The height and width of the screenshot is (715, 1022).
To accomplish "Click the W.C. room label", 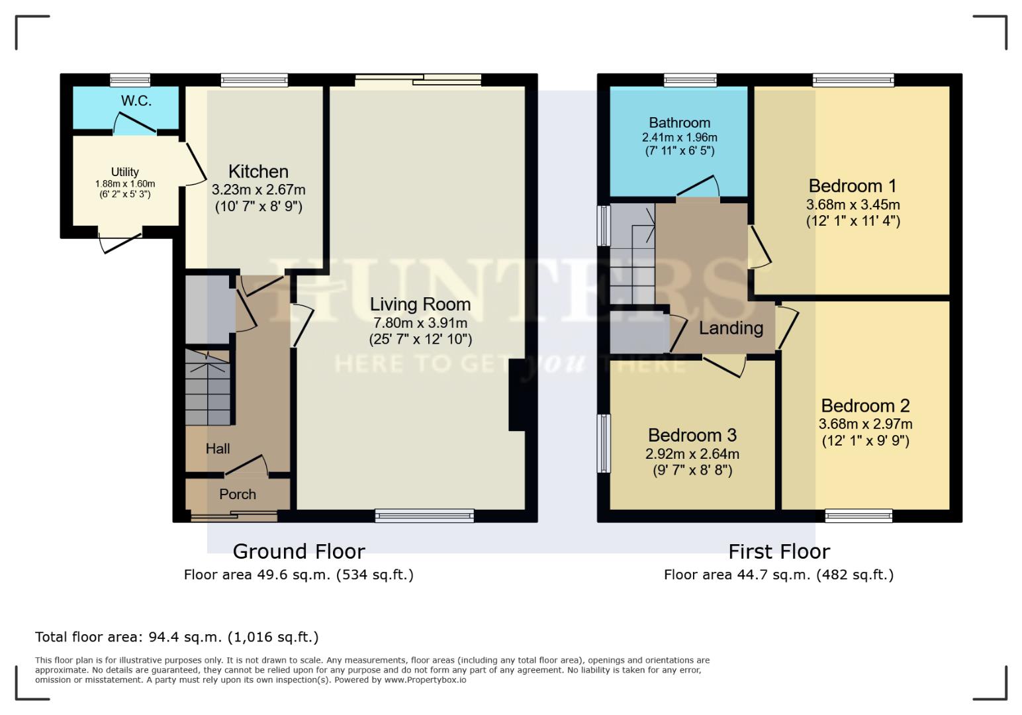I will click(136, 101).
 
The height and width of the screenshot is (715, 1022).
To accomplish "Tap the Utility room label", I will click(124, 172).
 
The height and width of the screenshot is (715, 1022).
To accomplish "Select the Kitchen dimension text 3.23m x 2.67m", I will click(258, 190).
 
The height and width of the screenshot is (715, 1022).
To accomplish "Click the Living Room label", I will click(420, 305).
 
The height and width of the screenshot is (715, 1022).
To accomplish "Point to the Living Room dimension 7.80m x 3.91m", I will click(420, 323).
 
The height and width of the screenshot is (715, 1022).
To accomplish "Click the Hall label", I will click(218, 449).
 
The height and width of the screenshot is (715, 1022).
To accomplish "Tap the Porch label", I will click(238, 495).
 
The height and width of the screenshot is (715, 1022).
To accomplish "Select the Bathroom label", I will click(679, 122).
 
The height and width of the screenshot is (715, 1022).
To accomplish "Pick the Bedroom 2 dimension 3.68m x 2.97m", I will click(865, 424).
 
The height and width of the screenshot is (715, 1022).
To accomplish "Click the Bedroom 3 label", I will click(692, 435).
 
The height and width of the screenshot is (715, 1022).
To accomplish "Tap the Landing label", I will click(731, 328).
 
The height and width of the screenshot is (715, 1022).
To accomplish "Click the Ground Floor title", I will click(299, 551).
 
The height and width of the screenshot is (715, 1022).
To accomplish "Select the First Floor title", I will click(779, 551).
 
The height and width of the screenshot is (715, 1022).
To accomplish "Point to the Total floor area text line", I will click(177, 637).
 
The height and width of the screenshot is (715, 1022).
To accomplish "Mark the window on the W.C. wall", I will click(130, 80).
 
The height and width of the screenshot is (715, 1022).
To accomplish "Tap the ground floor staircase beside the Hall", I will click(208, 391).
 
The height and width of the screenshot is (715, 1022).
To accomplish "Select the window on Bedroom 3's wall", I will click(604, 444).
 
